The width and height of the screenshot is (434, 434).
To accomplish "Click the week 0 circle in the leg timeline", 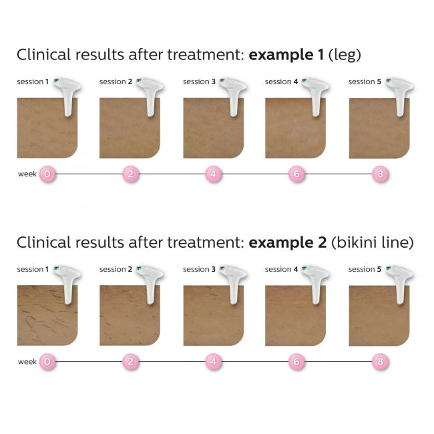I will (x=47, y=174).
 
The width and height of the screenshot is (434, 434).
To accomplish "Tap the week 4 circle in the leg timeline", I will (x=213, y=174).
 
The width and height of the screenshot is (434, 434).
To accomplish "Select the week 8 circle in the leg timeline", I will (x=379, y=174).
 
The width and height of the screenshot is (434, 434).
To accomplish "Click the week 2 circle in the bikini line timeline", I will (x=130, y=362).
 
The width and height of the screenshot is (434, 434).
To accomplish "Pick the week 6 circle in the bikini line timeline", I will (x=296, y=362).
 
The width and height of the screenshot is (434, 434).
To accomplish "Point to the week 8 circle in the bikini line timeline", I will (x=379, y=362).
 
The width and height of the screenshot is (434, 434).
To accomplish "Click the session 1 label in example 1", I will (x=33, y=82).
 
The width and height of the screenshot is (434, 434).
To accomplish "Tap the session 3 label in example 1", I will (x=199, y=82).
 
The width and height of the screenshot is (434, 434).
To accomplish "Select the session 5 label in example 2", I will (x=365, y=270).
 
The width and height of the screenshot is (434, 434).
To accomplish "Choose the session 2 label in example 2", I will (x=116, y=270).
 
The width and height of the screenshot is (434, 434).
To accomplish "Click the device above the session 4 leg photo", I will (x=314, y=93).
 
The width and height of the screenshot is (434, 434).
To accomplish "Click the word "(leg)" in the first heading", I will (x=344, y=55).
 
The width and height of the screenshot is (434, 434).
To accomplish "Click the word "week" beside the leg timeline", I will (x=27, y=174).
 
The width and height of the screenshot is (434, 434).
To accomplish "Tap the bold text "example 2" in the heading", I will (x=287, y=242).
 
